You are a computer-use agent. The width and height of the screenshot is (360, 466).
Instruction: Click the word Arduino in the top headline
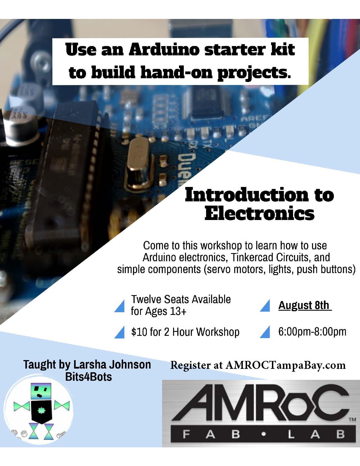coord(164,50)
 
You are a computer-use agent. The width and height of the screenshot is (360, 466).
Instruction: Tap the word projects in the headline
coord(254,73)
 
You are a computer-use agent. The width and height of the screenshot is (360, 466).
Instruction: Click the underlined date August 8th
coord(304,305)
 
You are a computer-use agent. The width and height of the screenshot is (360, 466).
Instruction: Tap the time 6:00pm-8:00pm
coord(312,332)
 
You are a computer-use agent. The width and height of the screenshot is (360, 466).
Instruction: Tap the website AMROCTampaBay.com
coord(285,365)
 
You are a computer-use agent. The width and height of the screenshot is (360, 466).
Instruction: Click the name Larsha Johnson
coord(112,365)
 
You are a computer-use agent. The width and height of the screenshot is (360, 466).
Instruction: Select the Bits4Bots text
coord(88,377)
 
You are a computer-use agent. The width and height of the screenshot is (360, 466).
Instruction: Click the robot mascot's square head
coord(41,392)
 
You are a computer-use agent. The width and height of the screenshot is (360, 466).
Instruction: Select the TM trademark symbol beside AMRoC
coord(352,419)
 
